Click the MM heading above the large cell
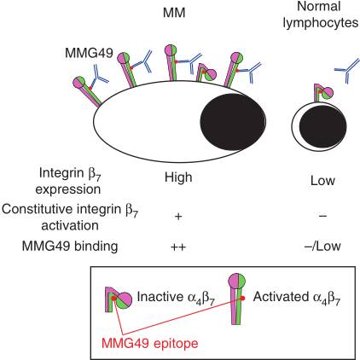pyautogui.click(x=174, y=13)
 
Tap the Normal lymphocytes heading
pyautogui.click(x=321, y=15)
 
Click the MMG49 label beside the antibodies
pyautogui.click(x=89, y=53)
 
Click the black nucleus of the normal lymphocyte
pyautogui.click(x=322, y=126)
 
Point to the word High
pyautogui.click(x=178, y=177)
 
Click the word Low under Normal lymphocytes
pyautogui.click(x=322, y=181)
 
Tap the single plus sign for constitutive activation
pyautogui.click(x=178, y=217)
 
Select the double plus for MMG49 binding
pyautogui.click(x=178, y=247)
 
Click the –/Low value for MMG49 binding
pyautogui.click(x=322, y=247)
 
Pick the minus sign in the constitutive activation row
pyautogui.click(x=322, y=216)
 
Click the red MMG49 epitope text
pyautogui.click(x=150, y=343)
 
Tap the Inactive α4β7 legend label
pyautogui.click(x=176, y=298)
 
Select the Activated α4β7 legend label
pyautogui.click(x=297, y=298)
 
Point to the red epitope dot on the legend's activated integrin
pyautogui.click(x=243, y=298)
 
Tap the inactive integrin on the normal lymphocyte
pyautogui.click(x=322, y=93)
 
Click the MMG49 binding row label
pyautogui.click(x=70, y=247)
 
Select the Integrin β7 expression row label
pyautogui.click(x=68, y=181)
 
